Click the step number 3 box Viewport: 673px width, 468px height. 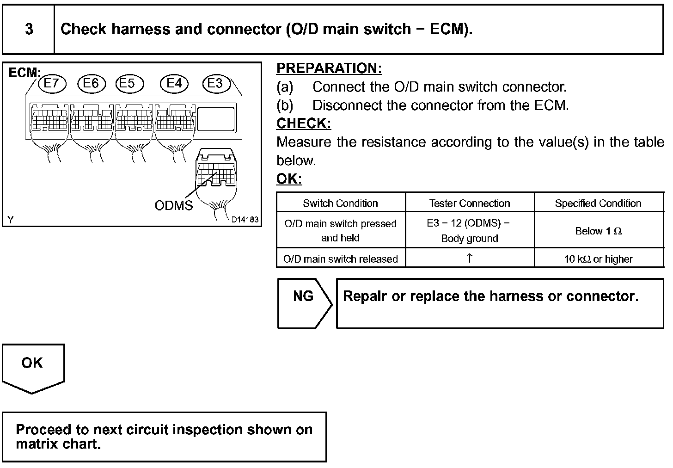(29, 29)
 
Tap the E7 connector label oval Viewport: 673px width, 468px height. (52, 83)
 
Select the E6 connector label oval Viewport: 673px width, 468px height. (92, 83)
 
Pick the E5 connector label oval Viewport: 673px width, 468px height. (129, 83)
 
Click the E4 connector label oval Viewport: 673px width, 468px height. (174, 83)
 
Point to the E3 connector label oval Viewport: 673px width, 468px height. (215, 83)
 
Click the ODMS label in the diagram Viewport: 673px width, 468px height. (173, 205)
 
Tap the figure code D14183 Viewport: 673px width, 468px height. (245, 220)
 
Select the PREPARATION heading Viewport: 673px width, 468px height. (329, 68)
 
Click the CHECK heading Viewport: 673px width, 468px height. (304, 123)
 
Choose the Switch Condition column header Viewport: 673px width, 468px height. (341, 203)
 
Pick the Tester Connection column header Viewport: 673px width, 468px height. (470, 203)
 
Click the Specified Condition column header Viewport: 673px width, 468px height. (598, 203)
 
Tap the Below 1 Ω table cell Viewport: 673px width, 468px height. (599, 231)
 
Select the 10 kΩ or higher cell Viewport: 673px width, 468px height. (599, 259)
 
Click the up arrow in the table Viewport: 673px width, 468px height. (470, 258)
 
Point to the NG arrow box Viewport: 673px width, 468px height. (304, 303)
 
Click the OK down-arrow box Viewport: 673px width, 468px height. (33, 368)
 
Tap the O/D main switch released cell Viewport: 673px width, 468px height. (341, 259)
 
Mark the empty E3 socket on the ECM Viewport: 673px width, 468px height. (216, 119)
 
